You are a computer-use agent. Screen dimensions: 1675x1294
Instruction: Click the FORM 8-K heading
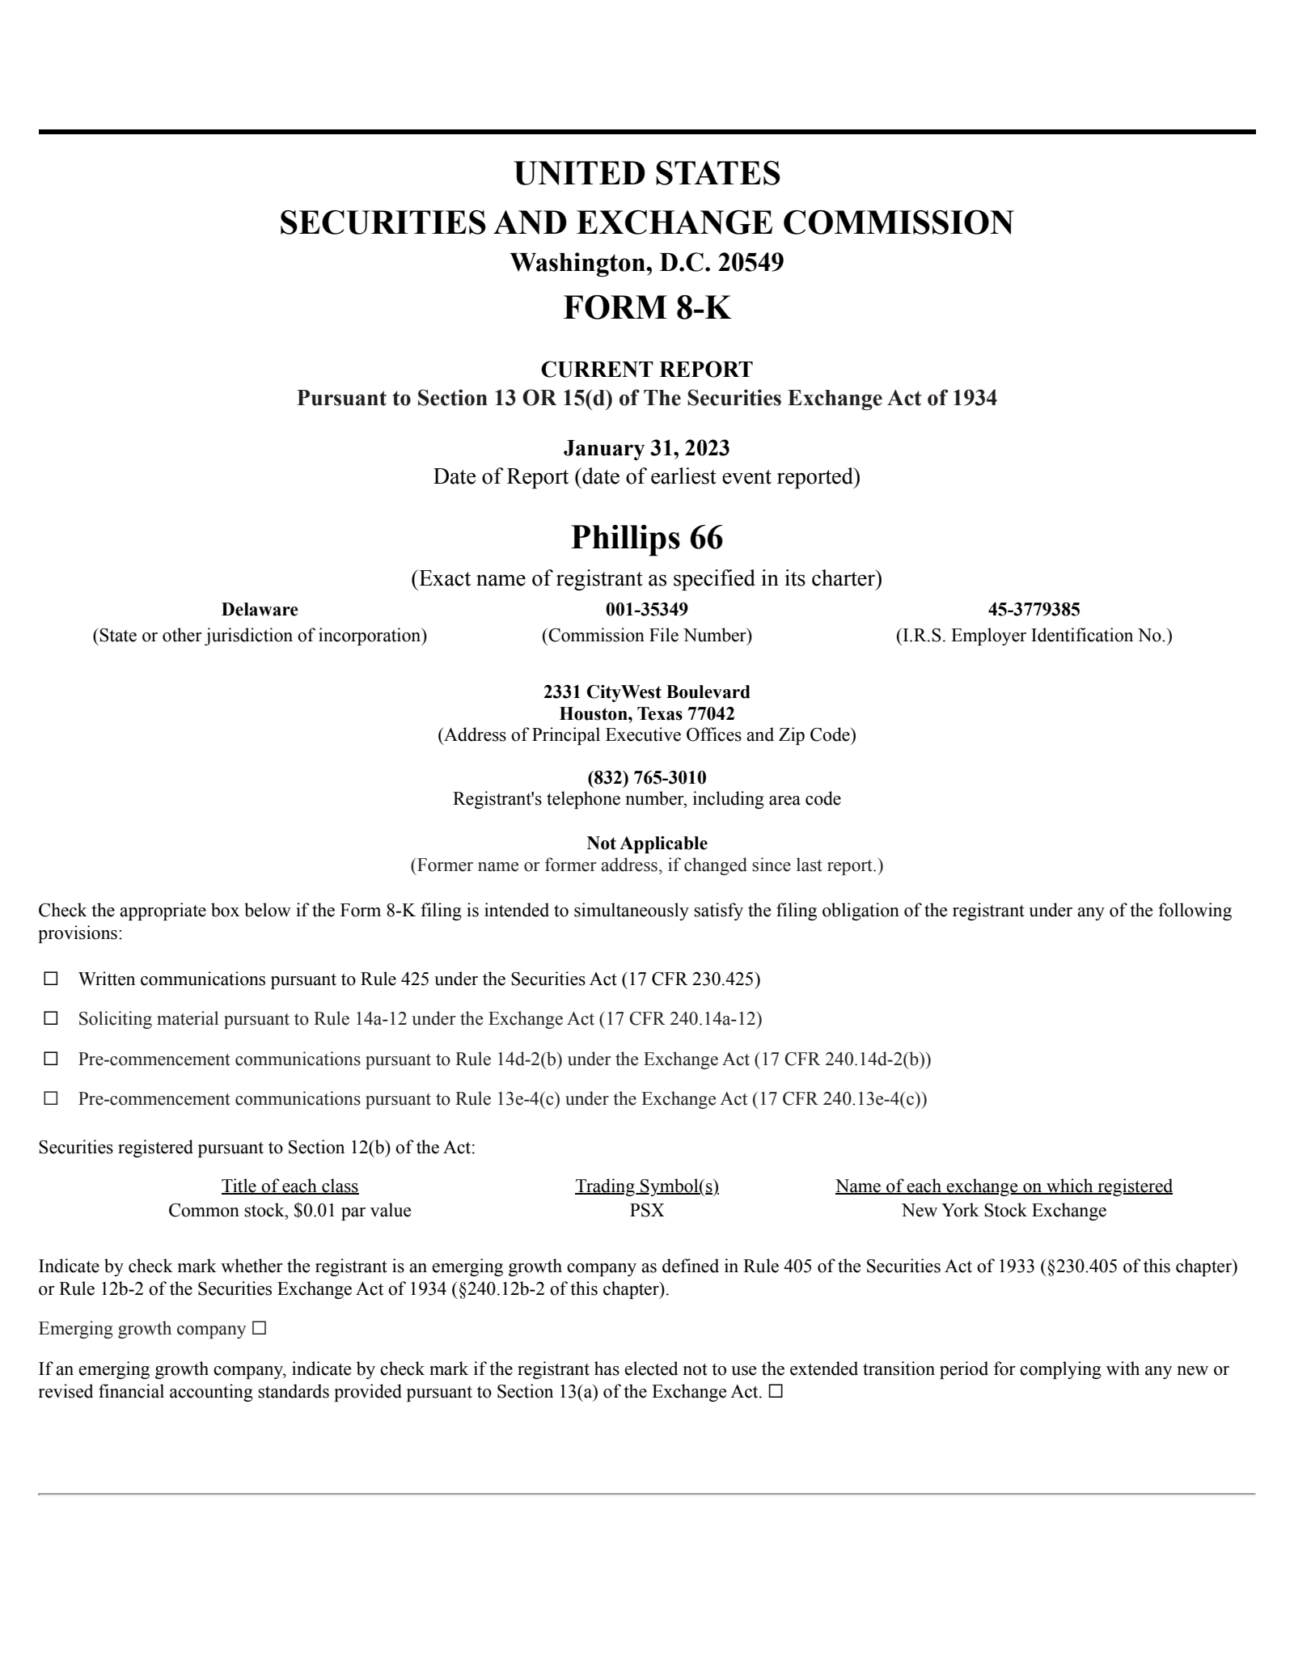coord(646,307)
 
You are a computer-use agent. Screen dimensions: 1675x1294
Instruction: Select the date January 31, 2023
coord(646,447)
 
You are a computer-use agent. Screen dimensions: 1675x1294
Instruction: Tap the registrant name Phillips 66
coord(646,538)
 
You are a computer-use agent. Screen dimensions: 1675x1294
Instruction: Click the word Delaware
coord(260,609)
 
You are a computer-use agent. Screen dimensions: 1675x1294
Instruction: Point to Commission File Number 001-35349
coord(646,609)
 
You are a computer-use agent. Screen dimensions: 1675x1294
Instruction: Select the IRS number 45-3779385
coord(1034,609)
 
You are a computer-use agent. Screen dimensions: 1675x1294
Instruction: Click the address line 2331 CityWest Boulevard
coord(646,692)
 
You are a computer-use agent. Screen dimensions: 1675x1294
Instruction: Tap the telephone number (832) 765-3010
coord(646,777)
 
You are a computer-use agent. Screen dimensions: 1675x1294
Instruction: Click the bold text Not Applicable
coord(646,843)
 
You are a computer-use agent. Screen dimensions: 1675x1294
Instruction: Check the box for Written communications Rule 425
coord(51,979)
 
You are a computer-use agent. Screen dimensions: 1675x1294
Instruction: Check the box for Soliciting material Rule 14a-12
coord(51,1018)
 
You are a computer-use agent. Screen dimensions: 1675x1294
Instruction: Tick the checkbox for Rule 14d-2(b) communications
coord(51,1059)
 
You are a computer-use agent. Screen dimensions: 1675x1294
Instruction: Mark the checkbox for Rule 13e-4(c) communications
coord(51,1098)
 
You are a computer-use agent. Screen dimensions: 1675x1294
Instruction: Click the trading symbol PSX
coord(646,1210)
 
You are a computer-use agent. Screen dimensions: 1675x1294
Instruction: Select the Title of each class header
coord(290,1186)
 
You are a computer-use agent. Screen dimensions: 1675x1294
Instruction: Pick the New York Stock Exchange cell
coord(1004,1210)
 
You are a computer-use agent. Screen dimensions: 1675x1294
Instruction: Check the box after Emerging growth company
coord(259,1329)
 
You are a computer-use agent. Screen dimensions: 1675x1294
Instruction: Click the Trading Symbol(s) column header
coord(646,1186)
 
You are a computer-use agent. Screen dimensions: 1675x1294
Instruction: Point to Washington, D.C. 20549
coord(646,263)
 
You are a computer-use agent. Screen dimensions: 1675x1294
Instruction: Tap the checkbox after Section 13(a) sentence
coord(776,1392)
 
